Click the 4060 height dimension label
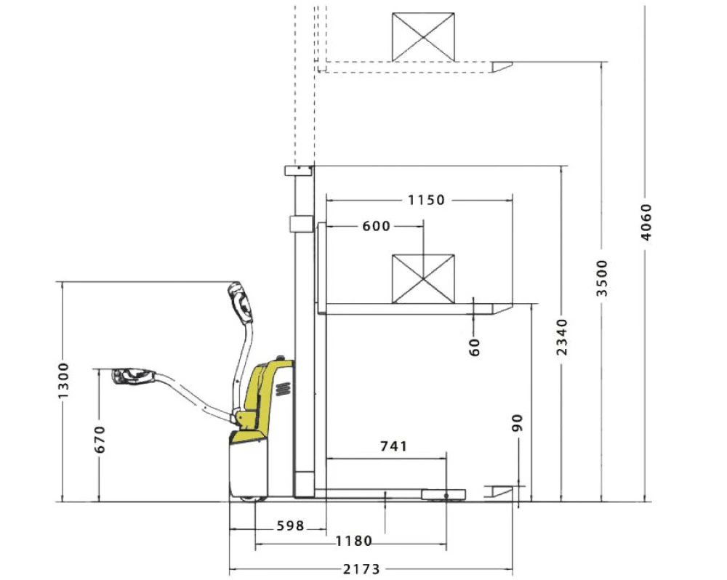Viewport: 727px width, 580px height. pyautogui.click(x=646, y=222)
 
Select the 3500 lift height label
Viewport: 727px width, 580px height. pyautogui.click(x=602, y=278)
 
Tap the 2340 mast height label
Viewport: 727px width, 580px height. pyautogui.click(x=562, y=337)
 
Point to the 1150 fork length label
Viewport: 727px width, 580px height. pyautogui.click(x=426, y=201)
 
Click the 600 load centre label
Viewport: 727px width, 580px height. pyautogui.click(x=376, y=226)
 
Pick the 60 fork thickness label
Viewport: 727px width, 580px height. pyautogui.click(x=474, y=347)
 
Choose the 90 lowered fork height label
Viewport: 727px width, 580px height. pyautogui.click(x=517, y=423)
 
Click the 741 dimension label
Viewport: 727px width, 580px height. pyautogui.click(x=393, y=446)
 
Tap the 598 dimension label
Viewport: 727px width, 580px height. pyautogui.click(x=290, y=525)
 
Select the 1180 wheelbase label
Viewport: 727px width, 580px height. pyautogui.click(x=354, y=541)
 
